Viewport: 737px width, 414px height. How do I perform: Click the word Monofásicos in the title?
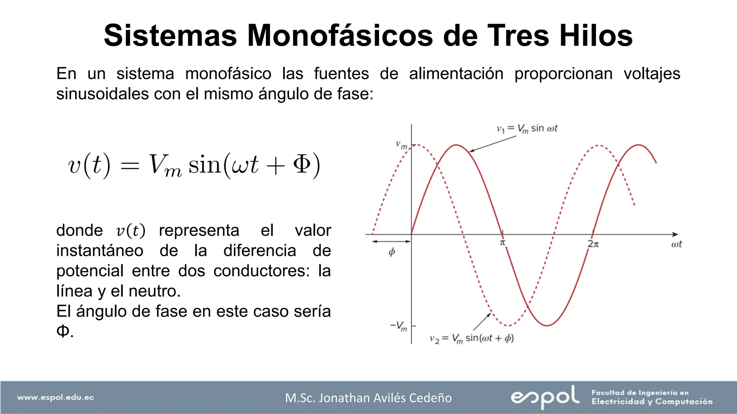tap(340, 36)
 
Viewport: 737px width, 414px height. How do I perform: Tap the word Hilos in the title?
tap(596, 36)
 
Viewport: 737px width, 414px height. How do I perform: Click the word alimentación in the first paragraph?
tap(456, 74)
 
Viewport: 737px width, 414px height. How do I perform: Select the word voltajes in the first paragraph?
tap(652, 74)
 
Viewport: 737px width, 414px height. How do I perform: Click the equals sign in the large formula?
tap(130, 166)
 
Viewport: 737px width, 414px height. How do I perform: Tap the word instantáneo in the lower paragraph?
tap(100, 250)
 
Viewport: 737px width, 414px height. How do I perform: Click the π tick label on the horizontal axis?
tap(503, 243)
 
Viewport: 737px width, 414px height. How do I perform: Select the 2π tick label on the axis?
tap(593, 244)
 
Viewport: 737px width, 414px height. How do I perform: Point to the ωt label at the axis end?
tap(676, 244)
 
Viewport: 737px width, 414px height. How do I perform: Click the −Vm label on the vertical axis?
tap(399, 326)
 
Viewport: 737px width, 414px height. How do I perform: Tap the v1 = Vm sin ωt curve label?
tap(527, 129)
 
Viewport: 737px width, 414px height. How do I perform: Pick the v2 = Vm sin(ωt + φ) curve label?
tap(471, 339)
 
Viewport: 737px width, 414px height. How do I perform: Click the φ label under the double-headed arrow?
tap(392, 252)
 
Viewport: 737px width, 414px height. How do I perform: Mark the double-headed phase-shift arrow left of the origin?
tap(392, 241)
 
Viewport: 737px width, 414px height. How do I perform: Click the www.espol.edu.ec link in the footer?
tap(55, 397)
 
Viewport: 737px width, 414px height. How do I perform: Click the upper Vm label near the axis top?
tap(402, 145)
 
